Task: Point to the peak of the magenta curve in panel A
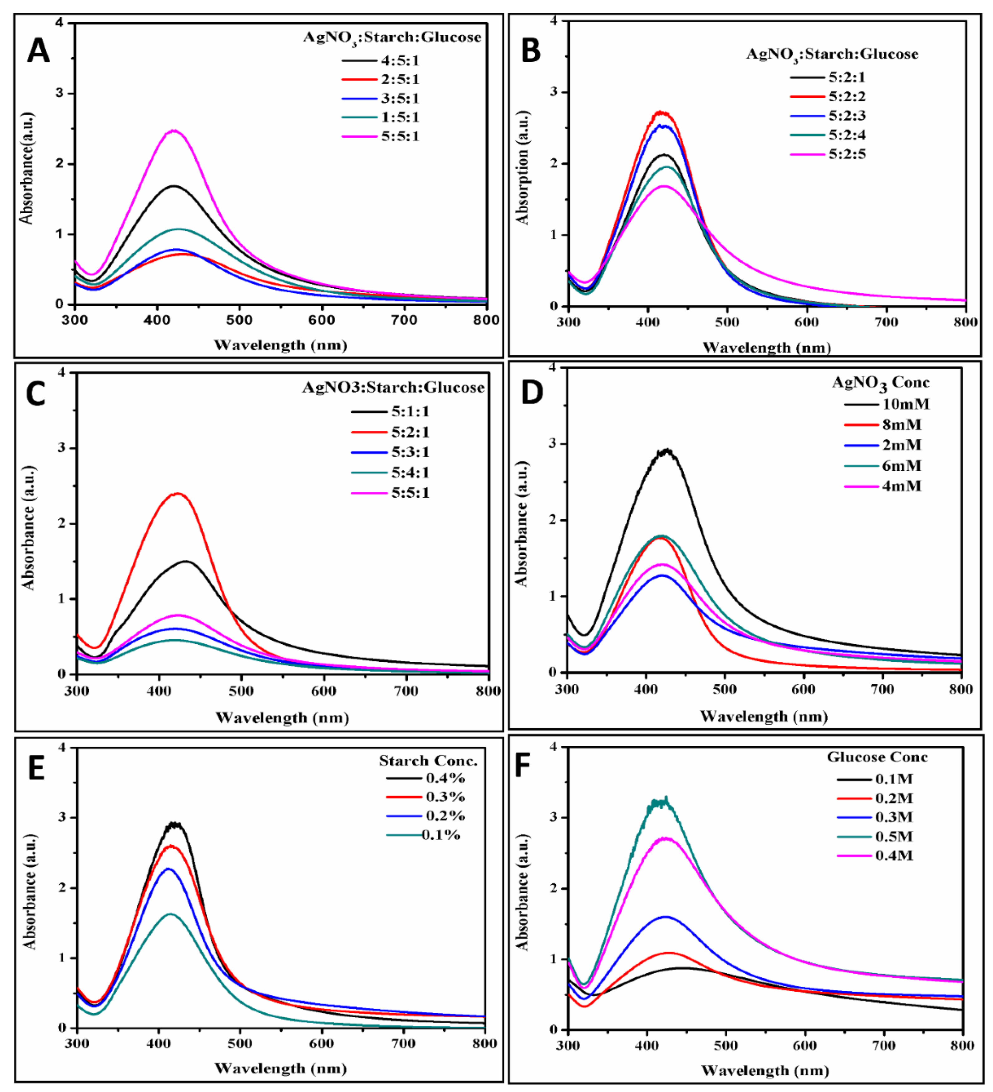tap(174, 131)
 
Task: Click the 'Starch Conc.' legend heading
tap(428, 761)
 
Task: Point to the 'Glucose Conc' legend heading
tap(877, 757)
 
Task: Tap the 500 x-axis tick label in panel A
tap(239, 320)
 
